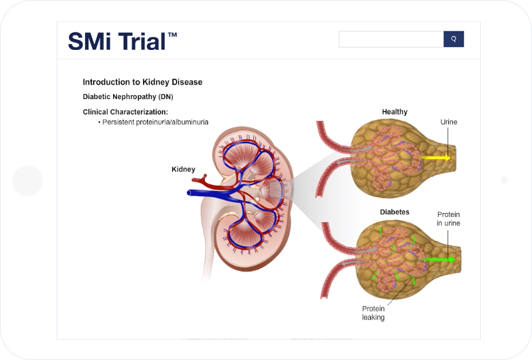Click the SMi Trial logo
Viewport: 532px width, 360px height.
pos(122,41)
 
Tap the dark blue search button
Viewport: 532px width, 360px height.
pos(454,39)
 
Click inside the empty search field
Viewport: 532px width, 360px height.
pos(391,39)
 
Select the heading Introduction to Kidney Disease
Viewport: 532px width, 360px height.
pos(142,83)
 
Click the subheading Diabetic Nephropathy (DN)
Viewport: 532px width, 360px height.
pos(128,96)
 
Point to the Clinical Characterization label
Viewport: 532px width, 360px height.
pos(126,112)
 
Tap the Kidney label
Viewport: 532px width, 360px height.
pos(184,169)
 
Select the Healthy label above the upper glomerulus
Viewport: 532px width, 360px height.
pos(394,112)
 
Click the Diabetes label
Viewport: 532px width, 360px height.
pos(394,212)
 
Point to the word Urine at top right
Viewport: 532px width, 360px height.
pos(448,122)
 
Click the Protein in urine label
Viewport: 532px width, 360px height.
pos(448,219)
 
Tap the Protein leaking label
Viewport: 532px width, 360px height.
pos(373,313)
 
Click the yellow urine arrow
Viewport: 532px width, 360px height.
pos(436,158)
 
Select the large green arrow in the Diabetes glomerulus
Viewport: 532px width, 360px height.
pos(438,260)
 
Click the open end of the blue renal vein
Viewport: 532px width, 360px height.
pos(189,193)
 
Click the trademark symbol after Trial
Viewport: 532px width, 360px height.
pos(172,35)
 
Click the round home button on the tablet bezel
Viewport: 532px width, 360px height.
pos(27,181)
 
